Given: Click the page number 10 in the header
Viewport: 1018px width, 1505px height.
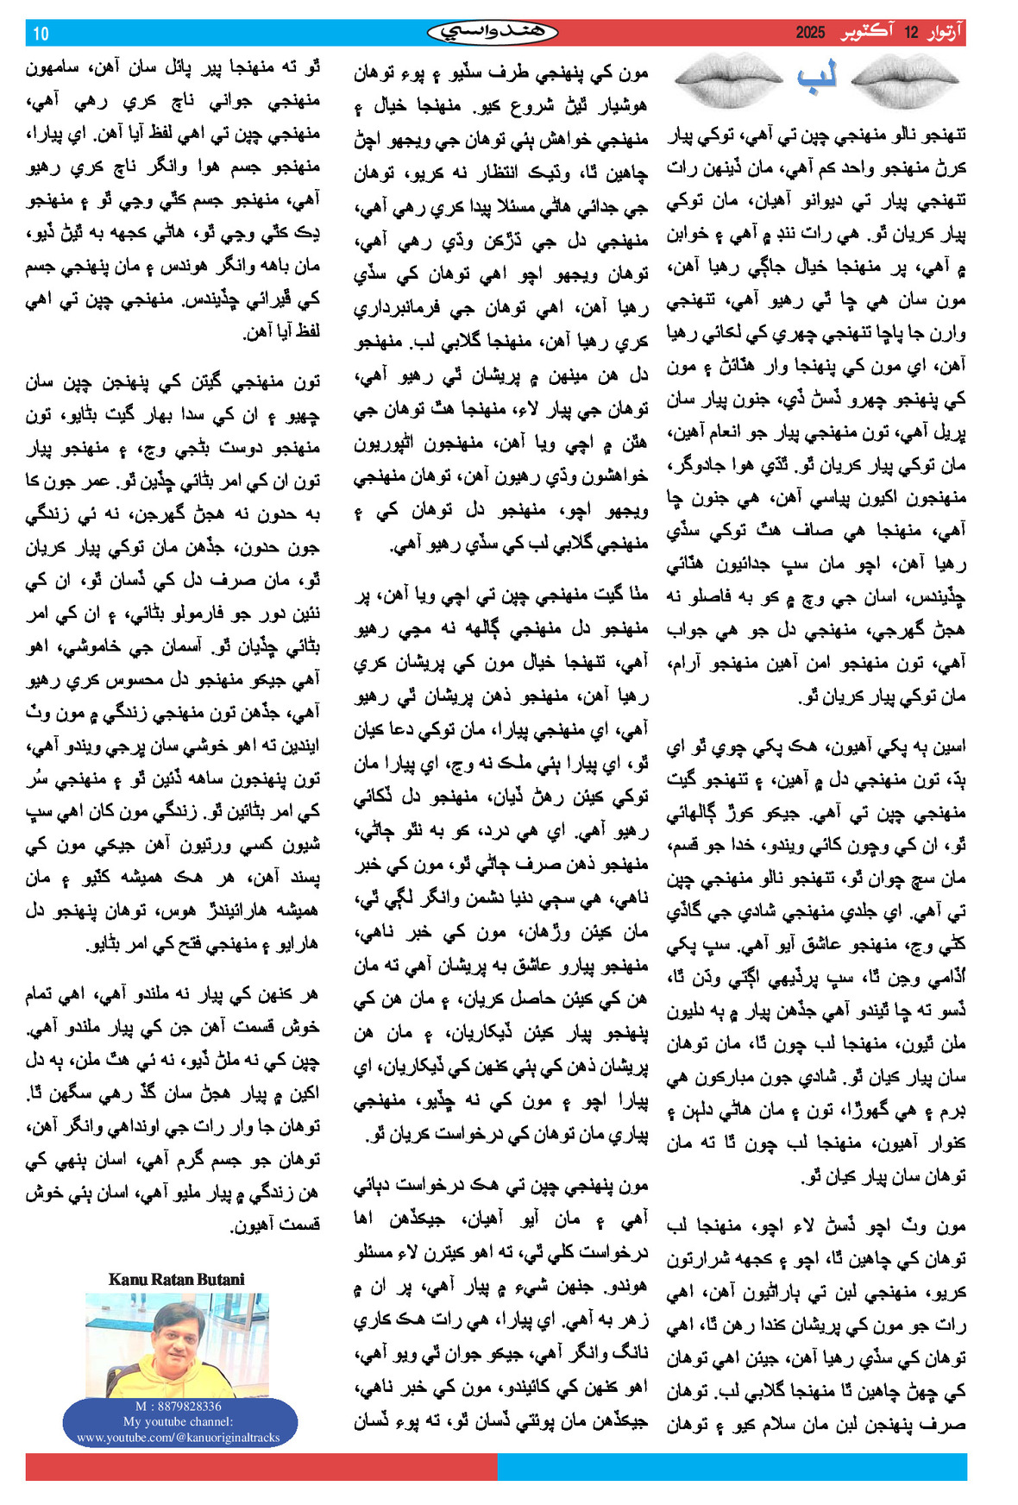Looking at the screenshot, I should (x=41, y=34).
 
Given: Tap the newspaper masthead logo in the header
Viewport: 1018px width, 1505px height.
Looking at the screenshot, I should (x=493, y=33).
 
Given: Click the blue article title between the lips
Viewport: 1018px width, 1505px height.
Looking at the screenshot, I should (x=816, y=77).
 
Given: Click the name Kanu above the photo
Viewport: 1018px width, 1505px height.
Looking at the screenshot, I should (x=127, y=1280).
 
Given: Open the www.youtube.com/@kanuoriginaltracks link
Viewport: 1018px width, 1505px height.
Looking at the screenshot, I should (x=178, y=1438).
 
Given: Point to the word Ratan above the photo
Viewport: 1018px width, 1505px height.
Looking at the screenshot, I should (x=173, y=1280).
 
